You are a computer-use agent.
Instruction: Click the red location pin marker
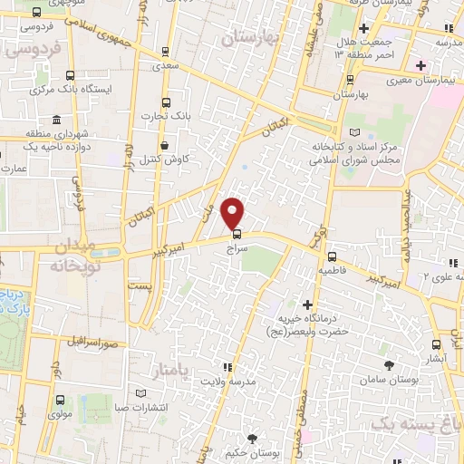point(234,212)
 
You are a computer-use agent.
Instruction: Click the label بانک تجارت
point(164,115)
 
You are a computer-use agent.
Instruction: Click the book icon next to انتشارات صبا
point(139,392)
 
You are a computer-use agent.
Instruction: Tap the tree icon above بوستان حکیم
point(252,438)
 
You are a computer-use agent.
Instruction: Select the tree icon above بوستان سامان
point(389,364)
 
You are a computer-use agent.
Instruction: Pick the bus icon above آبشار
point(437,344)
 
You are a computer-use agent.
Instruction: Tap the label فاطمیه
point(333,270)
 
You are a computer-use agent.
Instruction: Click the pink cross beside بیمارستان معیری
point(420,64)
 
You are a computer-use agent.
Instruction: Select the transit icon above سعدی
point(164,52)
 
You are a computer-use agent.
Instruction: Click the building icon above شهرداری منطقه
point(57,121)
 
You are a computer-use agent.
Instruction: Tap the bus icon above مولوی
point(59,399)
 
